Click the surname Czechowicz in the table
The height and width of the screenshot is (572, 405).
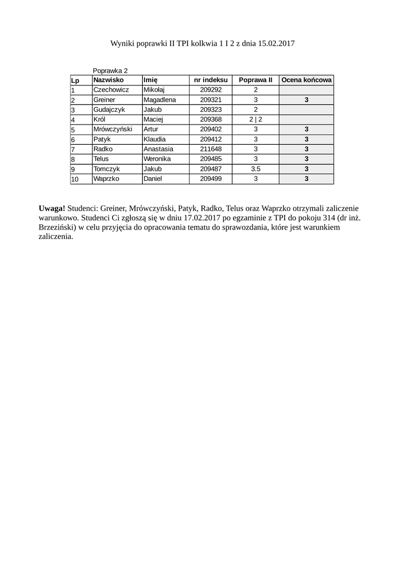pyautogui.click(x=111, y=89)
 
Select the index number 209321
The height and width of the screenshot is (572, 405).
pyautogui.click(x=211, y=99)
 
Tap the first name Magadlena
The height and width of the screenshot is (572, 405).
pyautogui.click(x=159, y=99)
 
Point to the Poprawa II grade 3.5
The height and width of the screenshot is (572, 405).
pyautogui.click(x=255, y=169)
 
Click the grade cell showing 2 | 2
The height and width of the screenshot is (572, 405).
pyautogui.click(x=255, y=119)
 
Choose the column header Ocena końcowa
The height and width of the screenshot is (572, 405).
pyautogui.click(x=306, y=80)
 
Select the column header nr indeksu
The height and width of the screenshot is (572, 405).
pyautogui.click(x=211, y=80)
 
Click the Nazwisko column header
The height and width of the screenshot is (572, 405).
pyautogui.click(x=109, y=80)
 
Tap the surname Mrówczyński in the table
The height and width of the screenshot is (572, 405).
pyautogui.click(x=113, y=129)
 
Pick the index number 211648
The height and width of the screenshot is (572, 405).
pyautogui.click(x=211, y=149)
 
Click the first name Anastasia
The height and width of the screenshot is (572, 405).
pyautogui.click(x=158, y=149)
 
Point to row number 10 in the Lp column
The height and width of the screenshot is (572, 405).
pyautogui.click(x=75, y=179)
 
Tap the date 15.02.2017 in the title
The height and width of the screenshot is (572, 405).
pyautogui.click(x=276, y=43)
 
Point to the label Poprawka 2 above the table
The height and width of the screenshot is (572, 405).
pyautogui.click(x=110, y=71)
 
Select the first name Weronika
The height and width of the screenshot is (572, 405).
pyautogui.click(x=157, y=159)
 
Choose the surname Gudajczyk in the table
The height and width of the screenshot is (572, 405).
pyautogui.click(x=110, y=109)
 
